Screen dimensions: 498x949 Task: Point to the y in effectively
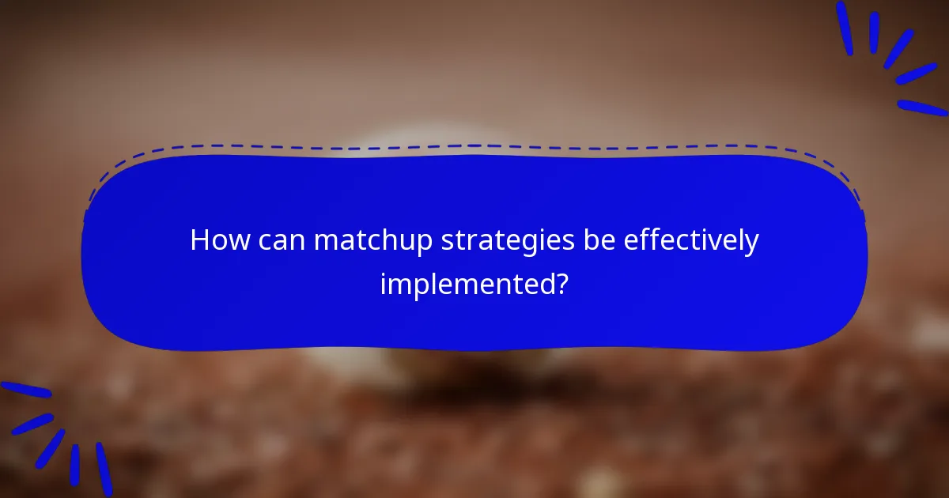click(x=752, y=245)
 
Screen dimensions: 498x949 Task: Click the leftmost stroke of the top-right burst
click(x=845, y=28)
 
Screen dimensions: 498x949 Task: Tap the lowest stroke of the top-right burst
click(x=922, y=108)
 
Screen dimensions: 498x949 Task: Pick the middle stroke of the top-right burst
click(x=899, y=49)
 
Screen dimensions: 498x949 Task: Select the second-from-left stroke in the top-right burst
click(x=874, y=32)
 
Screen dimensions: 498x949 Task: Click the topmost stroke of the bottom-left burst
click(x=25, y=390)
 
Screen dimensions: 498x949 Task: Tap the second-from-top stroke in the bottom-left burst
click(x=32, y=424)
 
